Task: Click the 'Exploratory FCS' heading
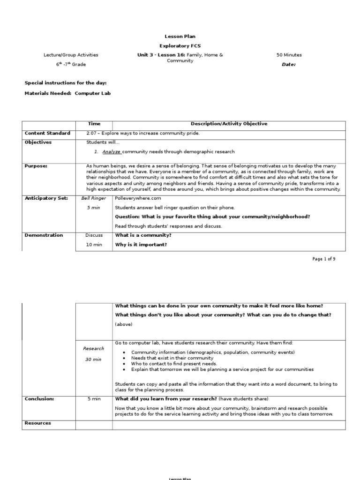[180, 45]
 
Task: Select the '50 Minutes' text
[289, 55]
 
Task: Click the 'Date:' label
[289, 65]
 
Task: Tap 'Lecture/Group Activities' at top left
[71, 55]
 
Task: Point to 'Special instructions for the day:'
[66, 83]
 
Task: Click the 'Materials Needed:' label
[48, 93]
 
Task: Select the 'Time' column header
[94, 124]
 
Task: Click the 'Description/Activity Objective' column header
[229, 124]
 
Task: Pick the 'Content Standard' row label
[47, 133]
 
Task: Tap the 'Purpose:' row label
[36, 165]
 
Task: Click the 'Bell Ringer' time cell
[94, 198]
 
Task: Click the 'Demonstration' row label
[44, 235]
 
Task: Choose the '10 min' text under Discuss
[94, 245]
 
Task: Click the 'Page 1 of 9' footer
[324, 259]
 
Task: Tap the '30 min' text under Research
[94, 359]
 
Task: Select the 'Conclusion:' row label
[39, 399]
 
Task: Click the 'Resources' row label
[37, 423]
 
